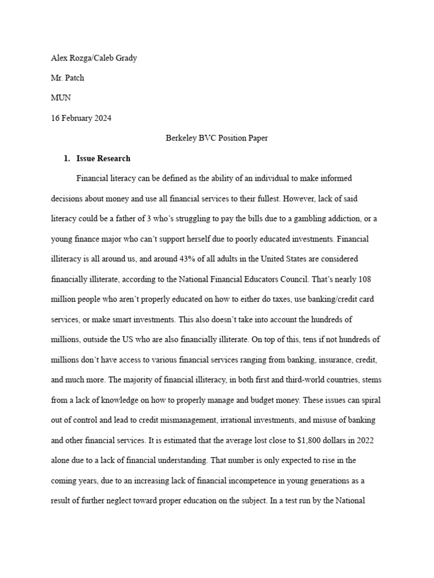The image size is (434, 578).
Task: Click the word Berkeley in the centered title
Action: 181,138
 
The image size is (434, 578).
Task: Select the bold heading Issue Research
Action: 103,159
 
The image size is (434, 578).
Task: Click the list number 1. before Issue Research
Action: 67,159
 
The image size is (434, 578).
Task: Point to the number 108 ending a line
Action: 363,279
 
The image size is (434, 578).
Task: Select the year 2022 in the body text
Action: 354,440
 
